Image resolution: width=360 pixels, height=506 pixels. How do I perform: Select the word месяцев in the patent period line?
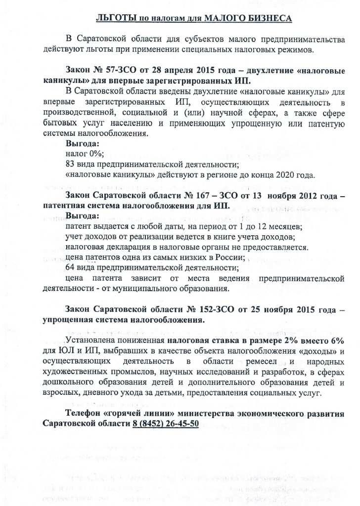[285, 227]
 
